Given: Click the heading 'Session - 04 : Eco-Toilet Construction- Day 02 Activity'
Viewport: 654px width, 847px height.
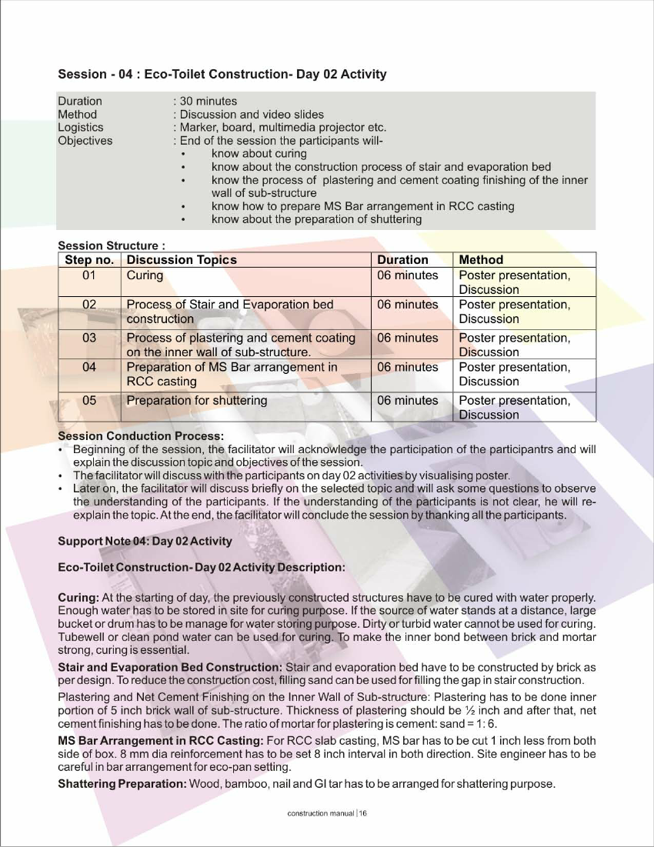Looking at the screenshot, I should tap(222, 75).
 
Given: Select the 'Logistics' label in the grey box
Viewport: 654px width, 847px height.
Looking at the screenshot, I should tap(80, 127).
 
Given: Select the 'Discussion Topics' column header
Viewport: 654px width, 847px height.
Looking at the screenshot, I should tap(182, 260).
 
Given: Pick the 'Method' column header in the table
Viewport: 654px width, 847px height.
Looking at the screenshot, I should tap(481, 260).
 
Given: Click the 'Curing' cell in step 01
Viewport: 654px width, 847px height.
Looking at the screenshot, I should tap(145, 275).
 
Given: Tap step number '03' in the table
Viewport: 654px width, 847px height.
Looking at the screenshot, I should tap(89, 338).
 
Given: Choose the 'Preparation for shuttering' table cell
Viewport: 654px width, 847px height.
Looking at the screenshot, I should tap(197, 400).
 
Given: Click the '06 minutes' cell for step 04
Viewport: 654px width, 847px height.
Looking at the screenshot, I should tap(407, 367).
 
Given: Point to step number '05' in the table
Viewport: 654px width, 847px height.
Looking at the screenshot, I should tap(89, 400).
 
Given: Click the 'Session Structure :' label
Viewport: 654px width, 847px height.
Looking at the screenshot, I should tap(112, 246).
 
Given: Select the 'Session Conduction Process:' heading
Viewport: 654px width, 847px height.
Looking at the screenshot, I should tap(141, 436).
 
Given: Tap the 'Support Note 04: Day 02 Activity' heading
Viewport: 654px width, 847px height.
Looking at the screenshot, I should tap(145, 541).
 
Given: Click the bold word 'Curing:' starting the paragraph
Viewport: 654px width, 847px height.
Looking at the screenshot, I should tap(78, 597).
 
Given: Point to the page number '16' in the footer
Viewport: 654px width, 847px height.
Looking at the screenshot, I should tap(363, 814).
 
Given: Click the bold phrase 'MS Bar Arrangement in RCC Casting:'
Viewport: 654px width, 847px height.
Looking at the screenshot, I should tap(160, 741).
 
